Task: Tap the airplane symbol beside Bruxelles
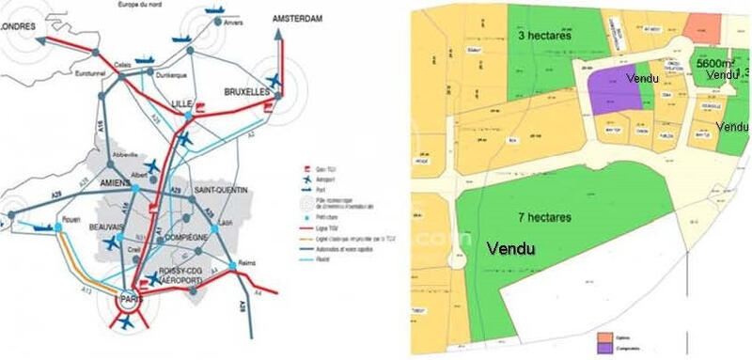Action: pos(275,79)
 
